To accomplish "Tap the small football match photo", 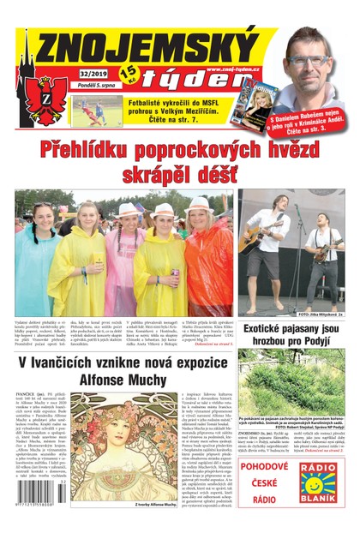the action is tap(96, 111).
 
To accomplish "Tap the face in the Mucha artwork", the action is tap(128, 428).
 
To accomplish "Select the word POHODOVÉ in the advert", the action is tap(266, 466).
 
